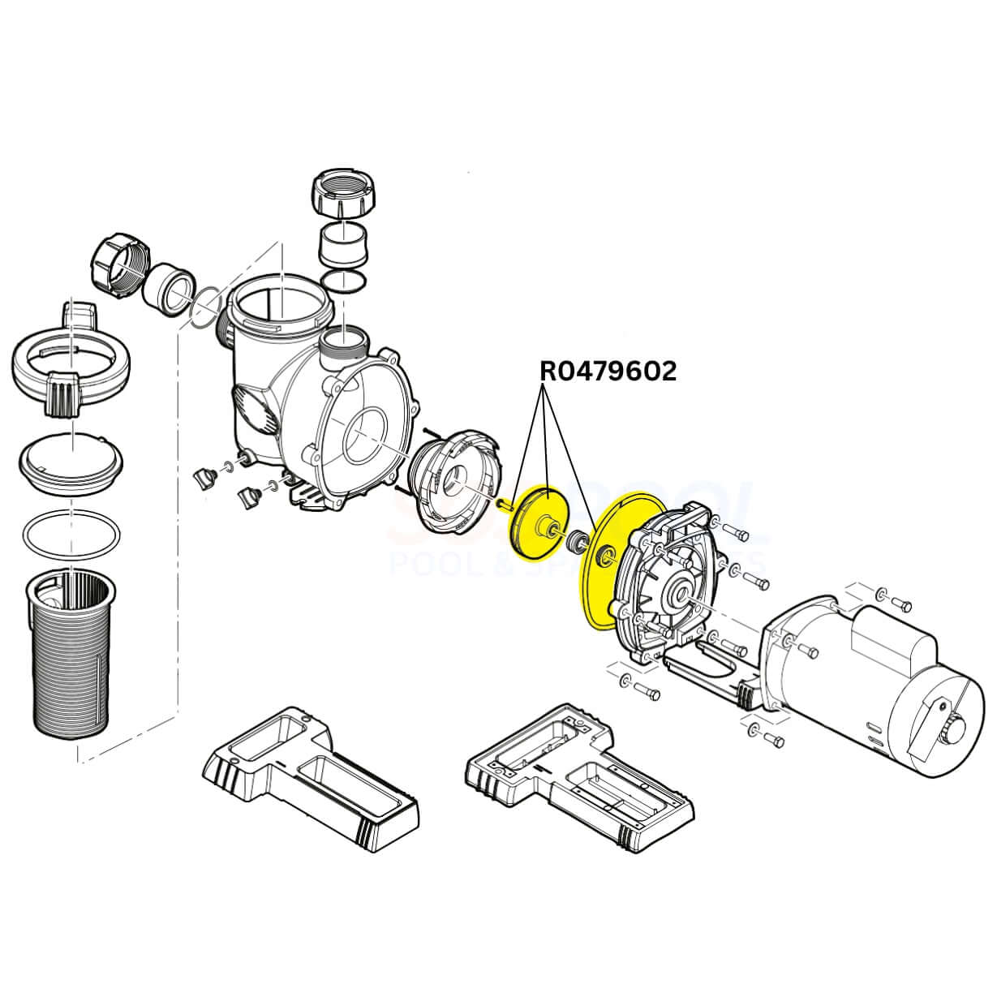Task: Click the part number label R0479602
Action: [x=608, y=371]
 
